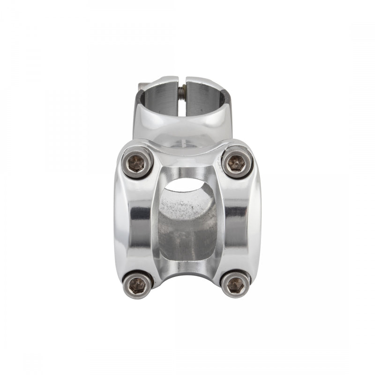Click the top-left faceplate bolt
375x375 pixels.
point(137,163)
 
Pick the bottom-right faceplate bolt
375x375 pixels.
point(235,284)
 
